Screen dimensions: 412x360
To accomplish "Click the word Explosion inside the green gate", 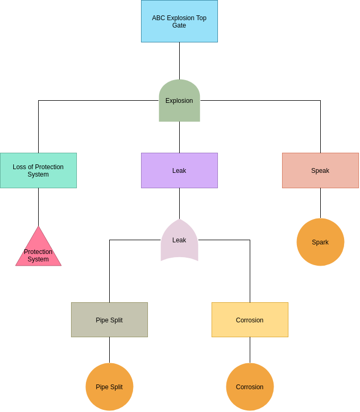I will (179, 101).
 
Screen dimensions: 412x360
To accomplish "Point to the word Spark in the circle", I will (320, 242).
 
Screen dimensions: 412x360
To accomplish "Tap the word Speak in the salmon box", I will (320, 171).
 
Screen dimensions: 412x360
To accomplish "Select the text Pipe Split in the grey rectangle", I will (109, 320).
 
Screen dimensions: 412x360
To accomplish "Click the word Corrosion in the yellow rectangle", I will (250, 320).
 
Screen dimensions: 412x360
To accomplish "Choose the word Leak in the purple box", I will (179, 171).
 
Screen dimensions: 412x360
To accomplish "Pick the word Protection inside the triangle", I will (38, 252).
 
